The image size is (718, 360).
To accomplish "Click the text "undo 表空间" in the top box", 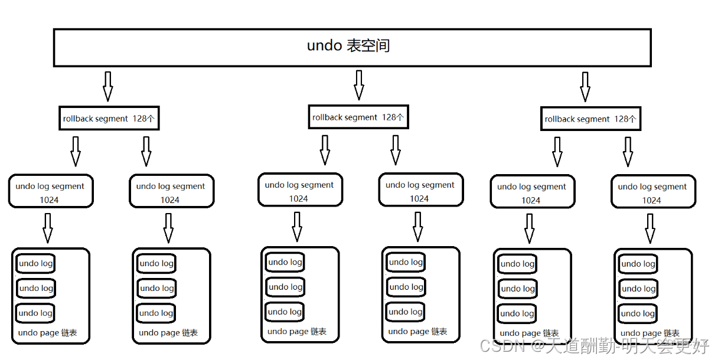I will (348, 46).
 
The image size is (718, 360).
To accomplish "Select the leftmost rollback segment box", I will (109, 119).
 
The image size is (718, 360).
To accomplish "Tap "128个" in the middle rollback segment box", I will (393, 117).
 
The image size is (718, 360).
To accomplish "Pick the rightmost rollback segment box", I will (590, 119).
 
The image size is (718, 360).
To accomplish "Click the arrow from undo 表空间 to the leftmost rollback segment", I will (107, 86).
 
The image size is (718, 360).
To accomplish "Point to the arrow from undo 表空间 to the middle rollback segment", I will (358, 85).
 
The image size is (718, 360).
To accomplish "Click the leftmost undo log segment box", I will (51, 191).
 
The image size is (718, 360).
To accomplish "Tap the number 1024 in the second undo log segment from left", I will (170, 200).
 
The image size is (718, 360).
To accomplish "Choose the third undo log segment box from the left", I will (300, 190).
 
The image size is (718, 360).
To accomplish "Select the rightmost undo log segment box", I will (653, 192).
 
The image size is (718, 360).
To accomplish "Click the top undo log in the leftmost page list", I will (35, 264).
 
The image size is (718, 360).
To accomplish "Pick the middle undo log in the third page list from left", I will (285, 287).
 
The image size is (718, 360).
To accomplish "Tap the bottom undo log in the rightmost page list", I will (638, 313).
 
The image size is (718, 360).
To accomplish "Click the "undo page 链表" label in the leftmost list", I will (48, 333).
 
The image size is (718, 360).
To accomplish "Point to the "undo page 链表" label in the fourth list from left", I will (417, 332).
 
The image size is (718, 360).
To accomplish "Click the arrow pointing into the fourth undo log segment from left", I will (396, 150).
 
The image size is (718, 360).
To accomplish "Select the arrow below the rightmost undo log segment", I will (650, 228).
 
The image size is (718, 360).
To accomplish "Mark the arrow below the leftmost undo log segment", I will (48, 228).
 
